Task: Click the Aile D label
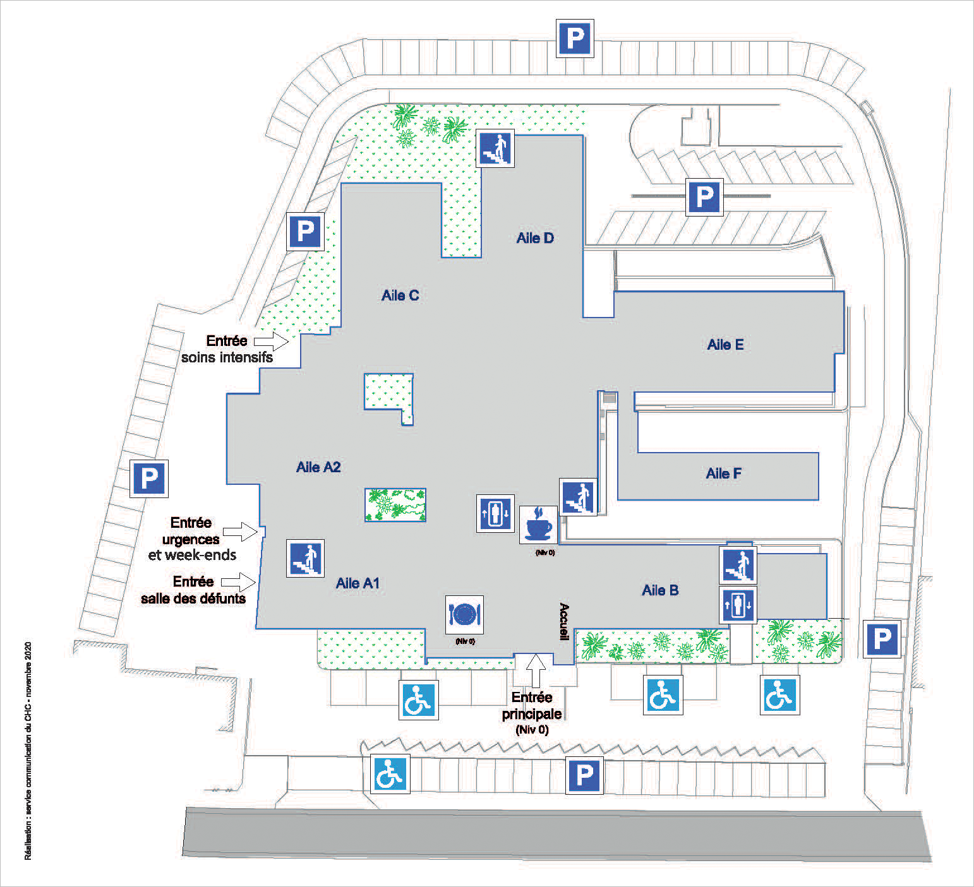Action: click(535, 238)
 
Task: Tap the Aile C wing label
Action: click(400, 295)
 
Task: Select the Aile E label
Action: click(725, 345)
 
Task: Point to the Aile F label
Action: click(723, 473)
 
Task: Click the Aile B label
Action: click(660, 590)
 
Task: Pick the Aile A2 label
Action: click(318, 467)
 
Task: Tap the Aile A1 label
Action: click(358, 583)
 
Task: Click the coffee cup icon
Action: click(539, 524)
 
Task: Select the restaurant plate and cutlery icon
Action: click(464, 614)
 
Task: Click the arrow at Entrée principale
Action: click(536, 670)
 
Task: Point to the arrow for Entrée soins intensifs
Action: click(272, 342)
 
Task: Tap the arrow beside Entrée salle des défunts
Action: click(238, 581)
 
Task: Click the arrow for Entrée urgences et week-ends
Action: click(241, 532)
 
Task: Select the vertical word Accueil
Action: click(564, 622)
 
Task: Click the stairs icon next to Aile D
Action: click(495, 148)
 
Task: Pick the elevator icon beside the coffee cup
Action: click(495, 513)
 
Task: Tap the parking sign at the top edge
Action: click(575, 39)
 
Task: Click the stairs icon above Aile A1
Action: click(306, 559)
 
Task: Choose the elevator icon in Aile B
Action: click(738, 605)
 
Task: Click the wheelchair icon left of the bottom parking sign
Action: click(390, 774)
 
